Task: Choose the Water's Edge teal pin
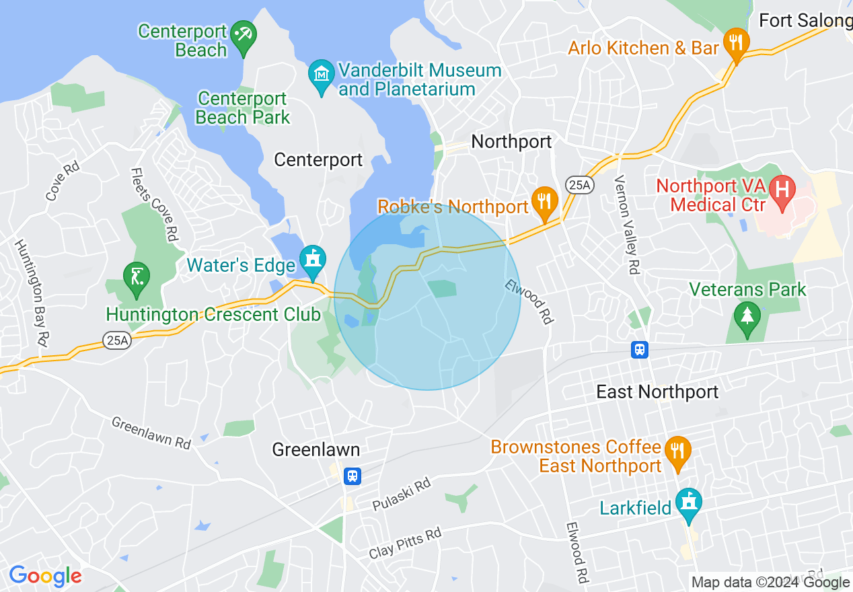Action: [313, 260]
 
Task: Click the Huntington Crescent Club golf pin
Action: [137, 276]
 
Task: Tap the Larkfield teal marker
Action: [688, 503]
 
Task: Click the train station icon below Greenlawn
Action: [352, 476]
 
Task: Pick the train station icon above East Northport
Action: [639, 349]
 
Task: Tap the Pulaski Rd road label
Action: [401, 495]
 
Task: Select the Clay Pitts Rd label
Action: [405, 544]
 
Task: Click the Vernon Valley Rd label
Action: [626, 225]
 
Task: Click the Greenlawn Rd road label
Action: [151, 433]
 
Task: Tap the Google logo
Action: [45, 576]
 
